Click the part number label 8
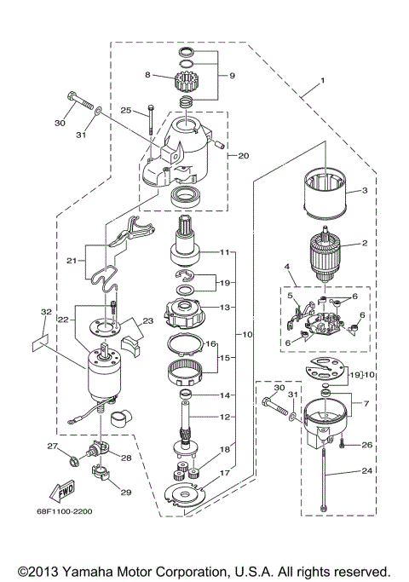pos(147,75)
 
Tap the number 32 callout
pos(45,312)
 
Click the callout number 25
pos(124,110)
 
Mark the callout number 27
pos(52,446)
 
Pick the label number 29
pos(127,492)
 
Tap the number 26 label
pos(367,444)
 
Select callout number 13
pos(225,306)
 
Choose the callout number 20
pos(243,156)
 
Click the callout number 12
pos(225,417)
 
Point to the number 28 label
pos(126,458)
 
